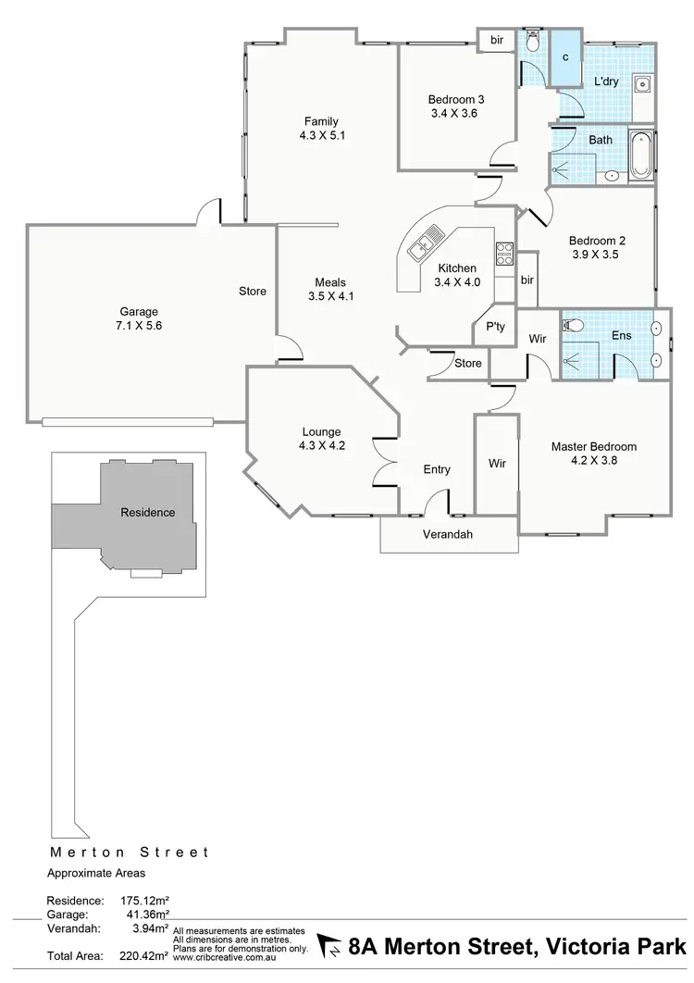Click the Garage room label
pos(138,312)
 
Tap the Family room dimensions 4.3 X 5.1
pos(323,135)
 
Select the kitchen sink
pos(424,245)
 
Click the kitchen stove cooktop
pos(504,254)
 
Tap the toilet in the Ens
pos(573,326)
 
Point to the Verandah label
pos(448,535)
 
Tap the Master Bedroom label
pos(593,446)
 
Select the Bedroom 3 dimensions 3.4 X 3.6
pos(456,114)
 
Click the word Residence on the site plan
pos(147,512)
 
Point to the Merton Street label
pos(129,852)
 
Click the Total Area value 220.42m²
pos(143,956)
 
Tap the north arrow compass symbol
pos(330,946)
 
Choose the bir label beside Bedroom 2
pos(527,280)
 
